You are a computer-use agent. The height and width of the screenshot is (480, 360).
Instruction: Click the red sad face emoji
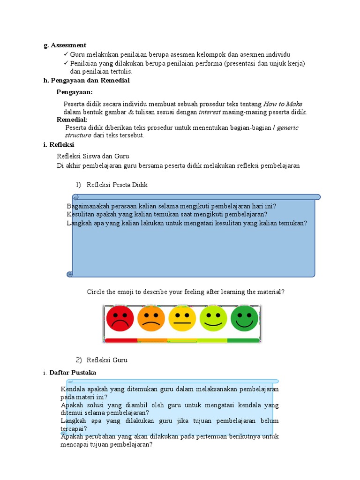pos(120,318)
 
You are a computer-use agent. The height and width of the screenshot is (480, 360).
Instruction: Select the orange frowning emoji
pos(151,318)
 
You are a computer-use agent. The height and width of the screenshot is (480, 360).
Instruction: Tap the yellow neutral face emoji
pos(182,318)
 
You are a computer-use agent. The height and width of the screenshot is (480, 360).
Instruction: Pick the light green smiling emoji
pos(213,318)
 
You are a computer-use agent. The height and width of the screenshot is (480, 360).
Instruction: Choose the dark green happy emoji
pos(244,318)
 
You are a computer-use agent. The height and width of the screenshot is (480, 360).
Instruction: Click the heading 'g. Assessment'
pos(65,45)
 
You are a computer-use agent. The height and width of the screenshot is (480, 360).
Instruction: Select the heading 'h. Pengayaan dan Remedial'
pos(86,81)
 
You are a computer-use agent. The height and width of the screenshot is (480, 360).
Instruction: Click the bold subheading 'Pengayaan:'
pos(75,92)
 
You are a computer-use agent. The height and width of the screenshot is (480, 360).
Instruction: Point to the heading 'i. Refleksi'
pos(59,145)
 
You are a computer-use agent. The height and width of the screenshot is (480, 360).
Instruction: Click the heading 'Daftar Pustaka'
pos(73,373)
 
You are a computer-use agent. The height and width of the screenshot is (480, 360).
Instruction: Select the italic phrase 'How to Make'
pos(283,104)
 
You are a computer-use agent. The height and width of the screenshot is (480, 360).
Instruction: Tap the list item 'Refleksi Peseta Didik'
pos(117,185)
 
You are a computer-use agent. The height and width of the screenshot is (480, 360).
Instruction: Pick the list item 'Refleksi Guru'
pos(107,360)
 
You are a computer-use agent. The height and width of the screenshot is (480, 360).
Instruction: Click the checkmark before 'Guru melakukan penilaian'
pos(66,55)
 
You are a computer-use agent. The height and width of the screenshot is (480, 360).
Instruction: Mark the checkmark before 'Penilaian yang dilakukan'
pos(66,63)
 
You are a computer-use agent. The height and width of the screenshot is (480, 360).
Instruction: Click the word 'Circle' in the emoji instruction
pos(96,292)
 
